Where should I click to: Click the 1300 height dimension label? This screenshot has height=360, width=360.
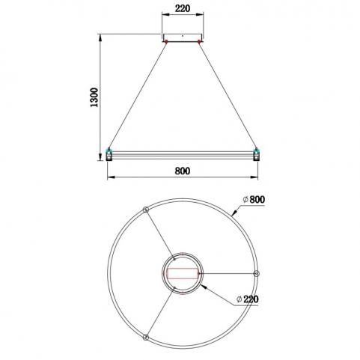94,97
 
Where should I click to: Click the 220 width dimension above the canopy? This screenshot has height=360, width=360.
183,8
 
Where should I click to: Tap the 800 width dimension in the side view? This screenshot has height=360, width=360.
183,171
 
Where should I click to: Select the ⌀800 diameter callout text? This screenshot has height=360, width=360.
254,200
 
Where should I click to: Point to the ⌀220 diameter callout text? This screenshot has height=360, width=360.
248,299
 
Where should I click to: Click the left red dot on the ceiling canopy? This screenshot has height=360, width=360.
166,41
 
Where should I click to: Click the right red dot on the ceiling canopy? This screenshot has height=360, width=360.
199,41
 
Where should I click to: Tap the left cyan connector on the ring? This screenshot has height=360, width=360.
109,150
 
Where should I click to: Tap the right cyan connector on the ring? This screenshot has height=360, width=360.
256,150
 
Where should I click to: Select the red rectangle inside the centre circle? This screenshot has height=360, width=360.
183,273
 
